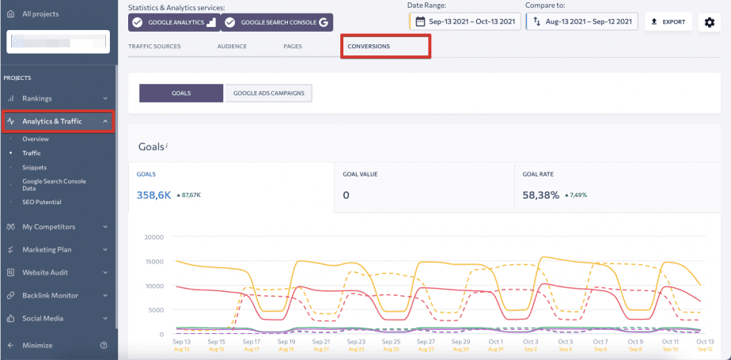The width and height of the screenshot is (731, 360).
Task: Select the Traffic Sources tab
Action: point(154,47)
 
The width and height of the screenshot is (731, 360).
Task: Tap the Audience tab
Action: point(232,47)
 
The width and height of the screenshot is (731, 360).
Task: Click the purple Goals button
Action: point(180,93)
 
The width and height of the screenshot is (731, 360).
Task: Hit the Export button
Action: point(668,21)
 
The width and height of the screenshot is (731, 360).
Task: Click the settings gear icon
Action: point(709,22)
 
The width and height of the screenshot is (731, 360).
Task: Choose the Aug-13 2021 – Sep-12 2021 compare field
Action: point(582,21)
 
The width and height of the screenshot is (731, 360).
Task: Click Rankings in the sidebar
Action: point(37,98)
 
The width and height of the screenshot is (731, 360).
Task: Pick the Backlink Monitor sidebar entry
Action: point(50,295)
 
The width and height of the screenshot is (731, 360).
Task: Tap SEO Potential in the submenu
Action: point(42,203)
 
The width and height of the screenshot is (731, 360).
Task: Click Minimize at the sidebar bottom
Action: point(37,345)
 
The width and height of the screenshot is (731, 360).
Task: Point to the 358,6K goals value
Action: point(154,195)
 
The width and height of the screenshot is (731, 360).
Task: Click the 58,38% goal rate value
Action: point(541,195)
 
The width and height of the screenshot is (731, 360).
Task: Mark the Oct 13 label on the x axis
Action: point(705,341)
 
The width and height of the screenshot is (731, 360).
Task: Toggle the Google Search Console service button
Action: point(277,22)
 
